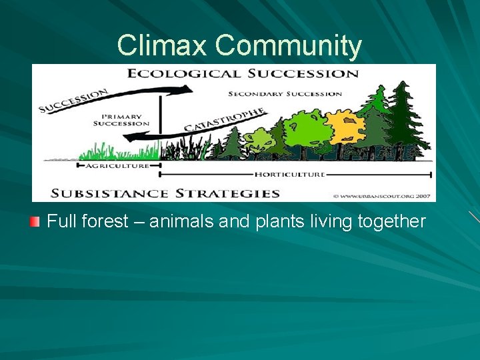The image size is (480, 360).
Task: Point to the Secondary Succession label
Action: [x=285, y=94]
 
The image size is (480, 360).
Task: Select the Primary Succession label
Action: [x=121, y=119]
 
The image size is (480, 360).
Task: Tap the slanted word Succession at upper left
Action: [x=74, y=101]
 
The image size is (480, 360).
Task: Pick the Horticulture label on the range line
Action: [x=289, y=175]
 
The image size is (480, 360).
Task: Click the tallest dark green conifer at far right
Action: [x=403, y=120]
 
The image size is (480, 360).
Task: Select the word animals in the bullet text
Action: [x=175, y=221]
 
